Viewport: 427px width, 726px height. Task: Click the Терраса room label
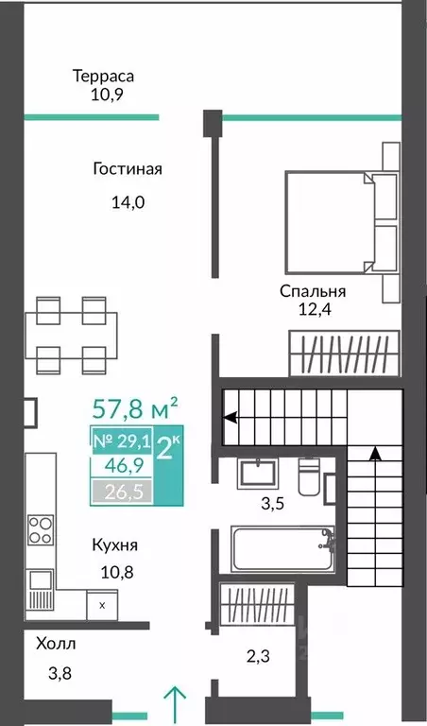click(104, 76)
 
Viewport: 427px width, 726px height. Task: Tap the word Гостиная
click(128, 168)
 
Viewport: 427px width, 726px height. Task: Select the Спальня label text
click(313, 291)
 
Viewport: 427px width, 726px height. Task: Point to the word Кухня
click(114, 545)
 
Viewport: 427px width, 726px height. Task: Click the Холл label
click(56, 644)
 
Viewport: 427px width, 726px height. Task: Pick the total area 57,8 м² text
click(135, 408)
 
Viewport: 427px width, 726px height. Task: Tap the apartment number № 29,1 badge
click(122, 441)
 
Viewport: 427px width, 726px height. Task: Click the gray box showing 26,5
click(122, 493)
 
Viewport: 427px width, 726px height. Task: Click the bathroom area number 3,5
click(272, 504)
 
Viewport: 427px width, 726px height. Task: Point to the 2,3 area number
click(259, 656)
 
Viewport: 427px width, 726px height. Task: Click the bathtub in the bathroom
click(282, 549)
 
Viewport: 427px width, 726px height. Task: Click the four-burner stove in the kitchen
click(41, 529)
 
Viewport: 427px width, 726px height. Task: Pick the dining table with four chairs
click(71, 336)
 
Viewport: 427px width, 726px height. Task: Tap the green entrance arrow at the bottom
click(176, 705)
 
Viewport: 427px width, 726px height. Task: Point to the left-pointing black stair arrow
click(229, 417)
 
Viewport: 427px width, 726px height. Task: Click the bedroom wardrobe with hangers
click(344, 354)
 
